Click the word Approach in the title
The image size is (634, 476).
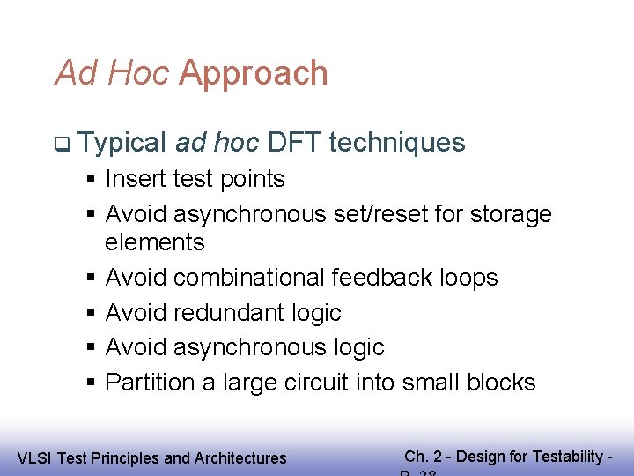[254, 73]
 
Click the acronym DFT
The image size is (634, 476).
[293, 142]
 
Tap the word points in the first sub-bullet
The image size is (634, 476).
[254, 179]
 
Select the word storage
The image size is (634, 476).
[512, 214]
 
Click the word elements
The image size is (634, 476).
[154, 242]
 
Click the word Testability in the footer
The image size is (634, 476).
[572, 457]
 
